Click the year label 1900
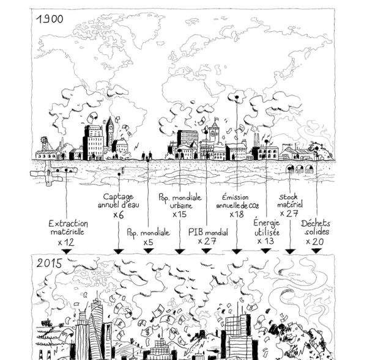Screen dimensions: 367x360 coord(50,19)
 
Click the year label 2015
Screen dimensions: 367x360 coord(50,263)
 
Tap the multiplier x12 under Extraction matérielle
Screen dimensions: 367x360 coord(66,242)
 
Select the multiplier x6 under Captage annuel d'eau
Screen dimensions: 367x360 coord(119,215)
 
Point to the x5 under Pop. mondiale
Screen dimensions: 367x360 coord(149,242)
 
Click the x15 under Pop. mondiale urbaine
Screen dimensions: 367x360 coord(179,215)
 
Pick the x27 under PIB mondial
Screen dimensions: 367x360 coord(207,241)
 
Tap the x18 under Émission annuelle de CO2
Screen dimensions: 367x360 coord(237,215)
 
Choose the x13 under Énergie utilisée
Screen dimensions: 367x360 coord(265,241)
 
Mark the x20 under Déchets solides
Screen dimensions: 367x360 coord(315,241)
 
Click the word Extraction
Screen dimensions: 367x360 coord(68,224)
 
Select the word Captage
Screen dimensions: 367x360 coord(118,197)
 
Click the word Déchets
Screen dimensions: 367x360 coord(315,223)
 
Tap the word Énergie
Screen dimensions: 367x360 coord(267,222)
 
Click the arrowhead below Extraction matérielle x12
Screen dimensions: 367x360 coord(67,251)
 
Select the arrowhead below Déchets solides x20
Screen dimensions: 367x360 coord(316,251)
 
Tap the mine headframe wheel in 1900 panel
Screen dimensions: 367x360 coord(44,139)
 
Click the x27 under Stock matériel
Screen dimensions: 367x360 coord(289,213)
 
